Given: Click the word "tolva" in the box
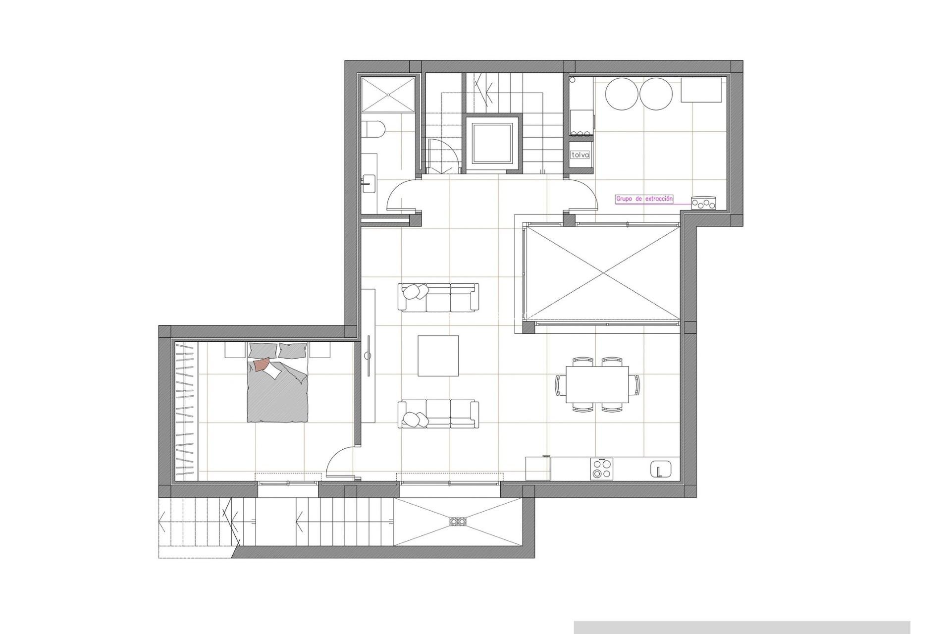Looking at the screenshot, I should tap(580, 155).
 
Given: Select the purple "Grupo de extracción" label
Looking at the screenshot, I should tap(644, 199).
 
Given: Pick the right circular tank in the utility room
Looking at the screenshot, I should tap(656, 95).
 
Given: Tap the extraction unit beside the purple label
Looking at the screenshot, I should tap(704, 203).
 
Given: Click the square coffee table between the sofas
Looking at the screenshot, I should tap(438, 356).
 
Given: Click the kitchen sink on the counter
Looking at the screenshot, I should tap(661, 469).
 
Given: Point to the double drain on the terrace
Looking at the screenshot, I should tap(458, 521).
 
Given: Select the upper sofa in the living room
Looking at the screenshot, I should tap(438, 298).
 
